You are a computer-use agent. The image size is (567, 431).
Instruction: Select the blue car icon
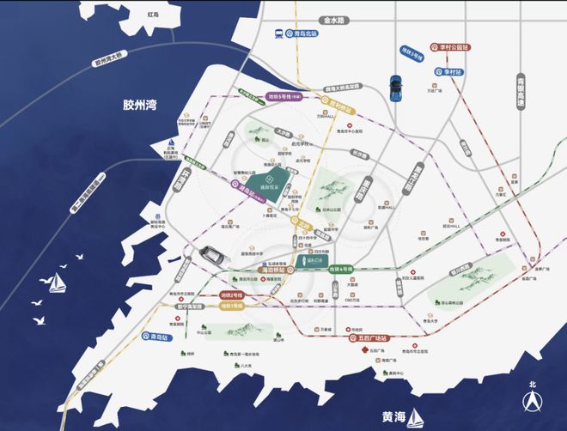point(396,86)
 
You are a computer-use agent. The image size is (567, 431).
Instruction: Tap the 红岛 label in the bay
point(152,15)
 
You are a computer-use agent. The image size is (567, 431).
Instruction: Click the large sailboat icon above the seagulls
point(57,282)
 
